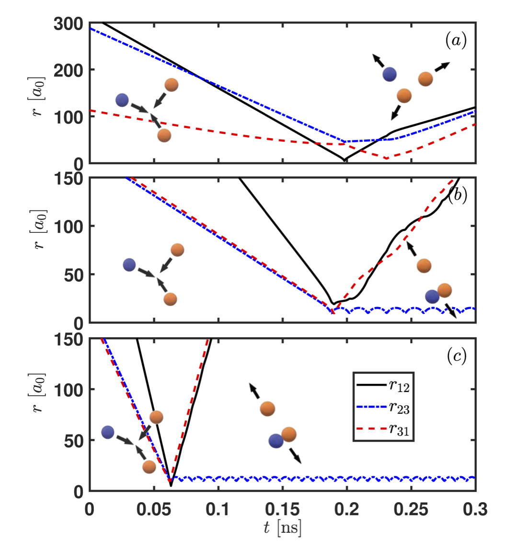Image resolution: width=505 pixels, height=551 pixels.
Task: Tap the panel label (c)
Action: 456,357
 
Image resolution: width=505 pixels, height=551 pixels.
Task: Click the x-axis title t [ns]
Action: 283,528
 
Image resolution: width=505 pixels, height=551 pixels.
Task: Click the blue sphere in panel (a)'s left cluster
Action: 123,100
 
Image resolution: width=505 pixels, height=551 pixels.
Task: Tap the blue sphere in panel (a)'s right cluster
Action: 390,74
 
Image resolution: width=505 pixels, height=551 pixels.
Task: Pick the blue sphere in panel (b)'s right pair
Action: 432,297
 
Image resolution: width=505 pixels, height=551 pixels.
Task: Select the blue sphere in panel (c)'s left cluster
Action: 108,432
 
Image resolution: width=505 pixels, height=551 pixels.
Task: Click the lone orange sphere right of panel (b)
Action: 424,265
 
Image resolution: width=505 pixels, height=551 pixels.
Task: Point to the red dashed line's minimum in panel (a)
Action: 386,158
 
